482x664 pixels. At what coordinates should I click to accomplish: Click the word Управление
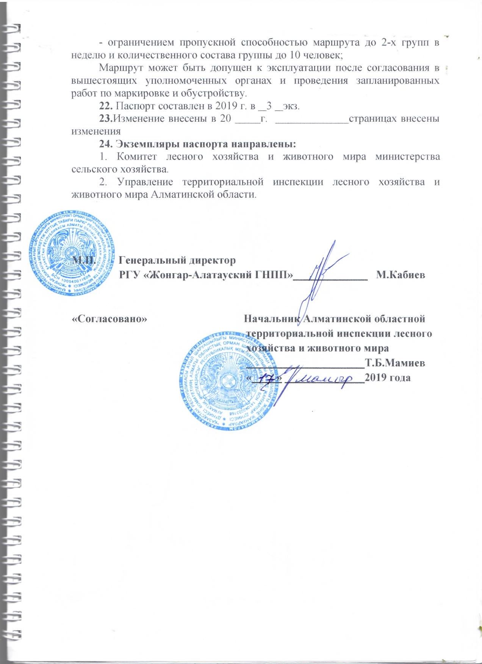point(146,182)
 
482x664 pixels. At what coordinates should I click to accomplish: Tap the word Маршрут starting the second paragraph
point(117,69)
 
